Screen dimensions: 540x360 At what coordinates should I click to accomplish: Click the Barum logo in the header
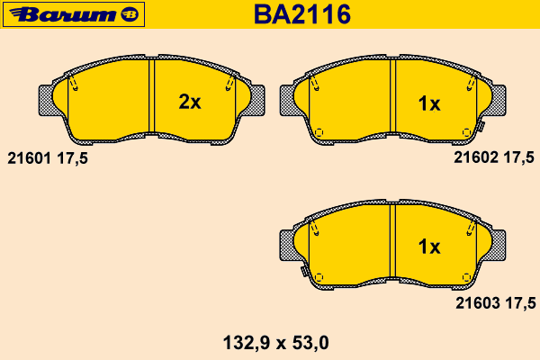click(x=74, y=14)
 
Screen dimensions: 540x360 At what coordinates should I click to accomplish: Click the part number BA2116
click(x=302, y=14)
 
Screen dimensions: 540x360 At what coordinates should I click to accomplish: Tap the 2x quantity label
click(x=189, y=102)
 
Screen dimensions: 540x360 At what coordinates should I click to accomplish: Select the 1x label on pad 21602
click(x=429, y=103)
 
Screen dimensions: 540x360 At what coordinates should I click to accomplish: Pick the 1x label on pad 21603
click(x=429, y=247)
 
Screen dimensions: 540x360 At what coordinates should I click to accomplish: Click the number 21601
click(x=30, y=158)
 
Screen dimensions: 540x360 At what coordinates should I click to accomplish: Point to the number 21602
click(x=476, y=157)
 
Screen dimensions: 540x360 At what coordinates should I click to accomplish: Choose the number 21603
click(x=478, y=303)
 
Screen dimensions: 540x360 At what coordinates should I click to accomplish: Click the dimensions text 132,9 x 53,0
click(x=276, y=343)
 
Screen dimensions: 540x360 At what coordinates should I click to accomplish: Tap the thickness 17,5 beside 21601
click(x=72, y=158)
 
